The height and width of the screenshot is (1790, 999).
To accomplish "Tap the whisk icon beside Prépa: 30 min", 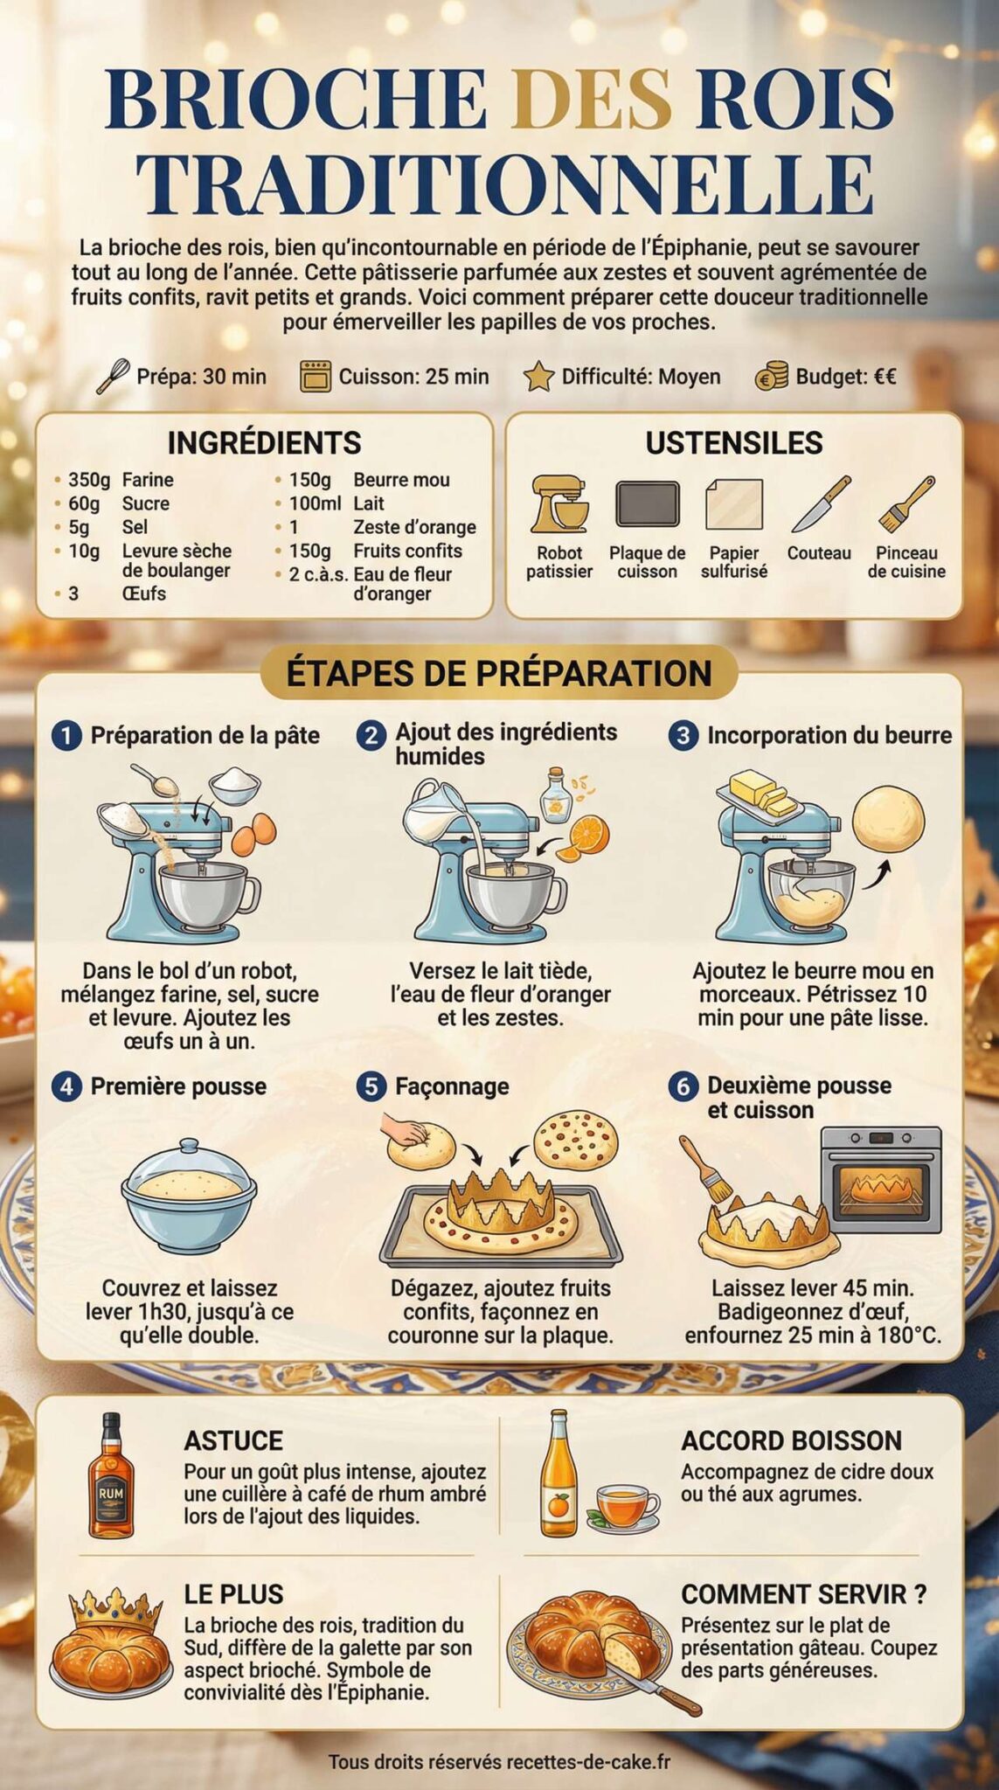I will tap(113, 377).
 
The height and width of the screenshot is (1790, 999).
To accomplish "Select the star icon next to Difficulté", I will tap(538, 377).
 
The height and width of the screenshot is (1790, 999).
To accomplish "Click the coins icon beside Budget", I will tap(771, 377).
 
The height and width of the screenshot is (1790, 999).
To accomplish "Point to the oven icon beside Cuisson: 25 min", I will tap(316, 376).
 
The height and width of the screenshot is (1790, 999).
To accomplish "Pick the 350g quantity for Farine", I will tap(89, 480).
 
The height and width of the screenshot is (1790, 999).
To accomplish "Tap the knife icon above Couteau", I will tap(820, 504).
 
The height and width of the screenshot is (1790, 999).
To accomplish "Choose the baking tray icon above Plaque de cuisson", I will tap(647, 504).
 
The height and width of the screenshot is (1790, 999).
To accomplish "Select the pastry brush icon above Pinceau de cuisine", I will tap(906, 504).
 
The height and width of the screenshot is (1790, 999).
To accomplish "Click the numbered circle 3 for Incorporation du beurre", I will tap(683, 735).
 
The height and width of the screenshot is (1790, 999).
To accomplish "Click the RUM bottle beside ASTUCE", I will tap(111, 1476).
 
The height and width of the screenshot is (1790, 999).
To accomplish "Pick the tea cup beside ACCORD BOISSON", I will tap(626, 1505).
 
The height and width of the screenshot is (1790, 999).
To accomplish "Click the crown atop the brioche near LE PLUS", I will tap(117, 1605).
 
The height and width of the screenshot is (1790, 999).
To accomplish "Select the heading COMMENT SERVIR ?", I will tap(803, 1594).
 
